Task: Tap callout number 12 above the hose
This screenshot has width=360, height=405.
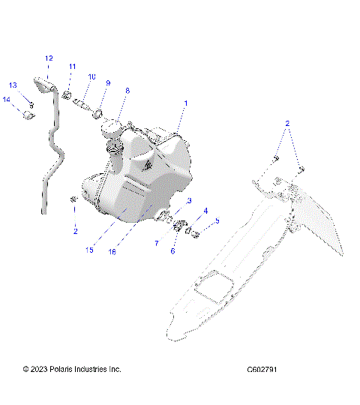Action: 49,58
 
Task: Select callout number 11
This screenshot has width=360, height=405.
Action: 73,67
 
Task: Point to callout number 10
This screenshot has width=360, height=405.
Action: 92,76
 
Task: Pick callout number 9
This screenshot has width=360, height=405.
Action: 107,83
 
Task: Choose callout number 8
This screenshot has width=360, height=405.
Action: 127,91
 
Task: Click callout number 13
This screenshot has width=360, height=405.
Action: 13,85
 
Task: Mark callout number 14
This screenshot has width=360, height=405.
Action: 6,99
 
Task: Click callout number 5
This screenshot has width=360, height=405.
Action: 217,221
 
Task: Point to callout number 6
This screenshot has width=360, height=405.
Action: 172,251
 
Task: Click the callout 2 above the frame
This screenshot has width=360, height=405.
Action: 287,121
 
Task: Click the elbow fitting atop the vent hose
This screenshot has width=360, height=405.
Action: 41,84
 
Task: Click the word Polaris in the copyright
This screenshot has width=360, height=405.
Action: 70,370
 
